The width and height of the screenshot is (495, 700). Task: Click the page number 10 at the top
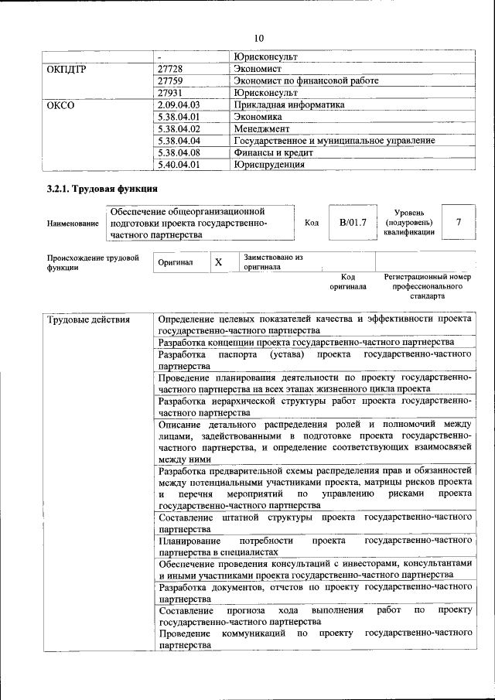pyautogui.click(x=259, y=38)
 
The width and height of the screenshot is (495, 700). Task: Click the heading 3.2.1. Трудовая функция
pyautogui.click(x=102, y=189)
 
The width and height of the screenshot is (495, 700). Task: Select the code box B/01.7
pyautogui.click(x=352, y=223)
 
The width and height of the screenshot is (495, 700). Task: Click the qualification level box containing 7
pyautogui.click(x=459, y=223)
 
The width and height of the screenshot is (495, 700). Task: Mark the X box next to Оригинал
pyautogui.click(x=219, y=263)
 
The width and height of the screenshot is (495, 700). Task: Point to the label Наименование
pyautogui.click(x=73, y=224)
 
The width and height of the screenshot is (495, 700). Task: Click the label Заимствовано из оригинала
pyautogui.click(x=272, y=262)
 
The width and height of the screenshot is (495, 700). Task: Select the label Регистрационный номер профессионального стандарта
pyautogui.click(x=427, y=286)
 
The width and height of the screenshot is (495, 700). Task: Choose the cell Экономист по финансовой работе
pyautogui.click(x=306, y=80)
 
